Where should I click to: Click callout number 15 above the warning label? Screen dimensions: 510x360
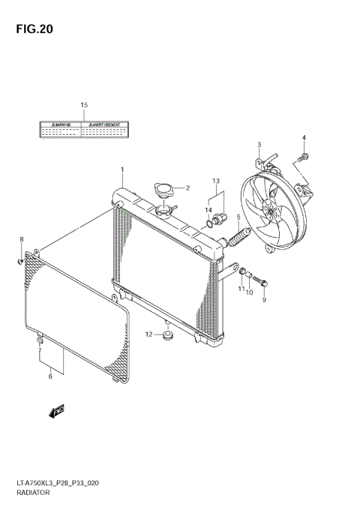click(x=84, y=104)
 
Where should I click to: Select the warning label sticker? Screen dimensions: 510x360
click(x=84, y=128)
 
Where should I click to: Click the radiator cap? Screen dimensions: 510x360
click(x=163, y=191)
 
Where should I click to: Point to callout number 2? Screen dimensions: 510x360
click(x=187, y=188)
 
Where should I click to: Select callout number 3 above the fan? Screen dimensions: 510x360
click(x=259, y=144)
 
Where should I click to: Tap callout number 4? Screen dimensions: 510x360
click(x=304, y=137)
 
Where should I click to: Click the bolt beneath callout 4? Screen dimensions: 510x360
click(x=301, y=157)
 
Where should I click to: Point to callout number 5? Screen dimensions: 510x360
click(x=238, y=217)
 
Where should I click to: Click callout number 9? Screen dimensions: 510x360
click(x=264, y=300)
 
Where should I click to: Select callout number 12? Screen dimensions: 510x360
click(x=148, y=334)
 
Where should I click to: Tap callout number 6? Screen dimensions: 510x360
click(x=50, y=376)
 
